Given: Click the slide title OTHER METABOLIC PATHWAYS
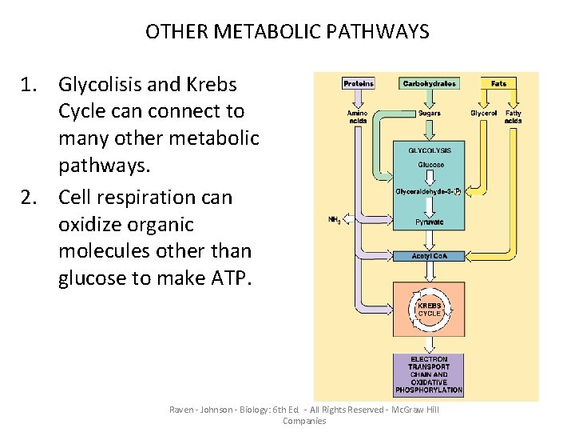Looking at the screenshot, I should tap(287, 32).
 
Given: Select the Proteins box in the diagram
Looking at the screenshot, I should tap(359, 83).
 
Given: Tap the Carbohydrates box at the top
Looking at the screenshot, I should tap(430, 83).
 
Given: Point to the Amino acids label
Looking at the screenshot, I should tap(358, 117).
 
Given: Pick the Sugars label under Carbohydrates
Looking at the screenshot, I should tap(430, 114).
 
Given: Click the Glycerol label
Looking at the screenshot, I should tap(483, 114).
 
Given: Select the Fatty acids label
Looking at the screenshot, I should tap(514, 117).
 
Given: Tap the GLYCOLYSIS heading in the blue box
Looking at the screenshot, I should tap(430, 150).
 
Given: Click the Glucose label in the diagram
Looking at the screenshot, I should tap(430, 165).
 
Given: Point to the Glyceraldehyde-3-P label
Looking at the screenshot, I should tap(429, 192).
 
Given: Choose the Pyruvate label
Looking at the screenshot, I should tap(430, 222).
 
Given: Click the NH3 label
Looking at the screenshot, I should tap(335, 220).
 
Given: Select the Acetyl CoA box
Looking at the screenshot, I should tap(430, 255).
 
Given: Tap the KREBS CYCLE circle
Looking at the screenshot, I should tap(430, 309).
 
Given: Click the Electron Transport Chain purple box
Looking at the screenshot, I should tap(429, 375).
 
